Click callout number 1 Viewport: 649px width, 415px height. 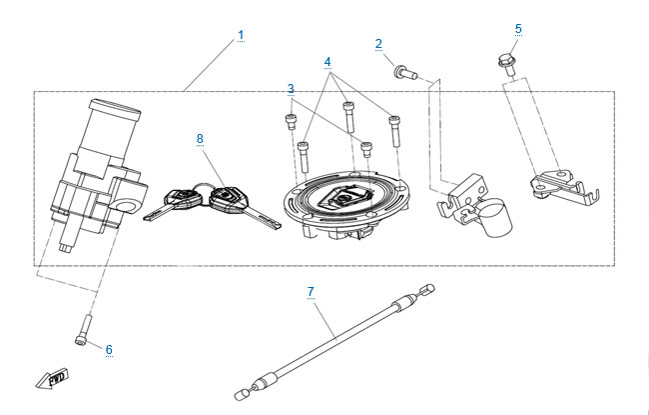241,36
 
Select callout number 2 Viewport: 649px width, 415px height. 378,43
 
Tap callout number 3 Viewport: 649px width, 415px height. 291,89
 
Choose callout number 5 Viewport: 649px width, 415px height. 518,28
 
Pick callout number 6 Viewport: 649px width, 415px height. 109,350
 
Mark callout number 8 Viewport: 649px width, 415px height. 200,138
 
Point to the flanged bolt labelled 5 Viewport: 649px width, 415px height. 505,62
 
